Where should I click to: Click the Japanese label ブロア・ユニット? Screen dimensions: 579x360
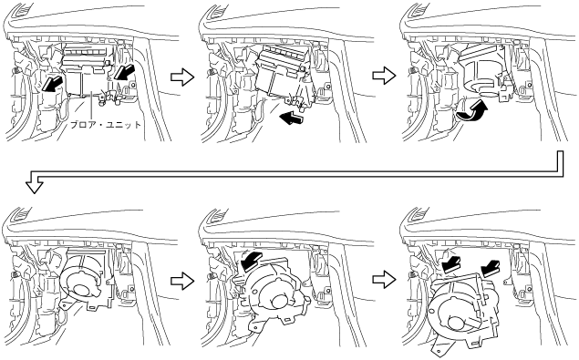[106, 125]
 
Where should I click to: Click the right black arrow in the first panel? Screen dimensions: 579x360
[124, 71]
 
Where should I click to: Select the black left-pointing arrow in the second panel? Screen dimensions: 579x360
[292, 118]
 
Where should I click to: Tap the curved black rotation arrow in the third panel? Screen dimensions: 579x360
[472, 111]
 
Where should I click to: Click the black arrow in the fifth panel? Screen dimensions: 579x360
[251, 260]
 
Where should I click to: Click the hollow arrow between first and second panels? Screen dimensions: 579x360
[182, 77]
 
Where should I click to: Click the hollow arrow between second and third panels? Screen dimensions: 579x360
[384, 76]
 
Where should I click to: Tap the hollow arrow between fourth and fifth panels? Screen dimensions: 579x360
[182, 281]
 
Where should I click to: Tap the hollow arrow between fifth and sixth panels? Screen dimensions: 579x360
[384, 279]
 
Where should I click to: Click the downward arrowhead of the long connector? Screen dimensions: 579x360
[35, 187]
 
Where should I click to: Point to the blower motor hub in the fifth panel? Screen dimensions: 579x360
[278, 305]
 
